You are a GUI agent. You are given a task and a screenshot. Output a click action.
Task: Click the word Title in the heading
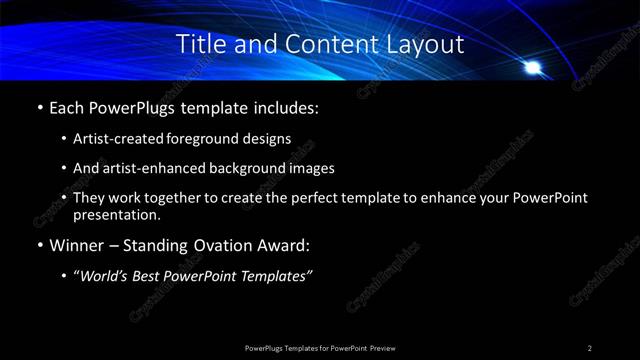(x=199, y=44)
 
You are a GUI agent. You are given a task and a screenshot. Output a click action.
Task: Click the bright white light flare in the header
(x=534, y=68)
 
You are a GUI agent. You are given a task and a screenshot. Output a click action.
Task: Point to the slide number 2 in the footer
(x=590, y=347)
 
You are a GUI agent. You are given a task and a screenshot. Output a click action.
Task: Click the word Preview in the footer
(x=383, y=347)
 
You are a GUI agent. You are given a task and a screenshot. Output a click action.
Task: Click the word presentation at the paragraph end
(x=117, y=214)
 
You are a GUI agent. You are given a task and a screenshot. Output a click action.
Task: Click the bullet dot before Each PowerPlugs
(x=38, y=106)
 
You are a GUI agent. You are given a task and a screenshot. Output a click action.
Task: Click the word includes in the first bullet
(x=285, y=106)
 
